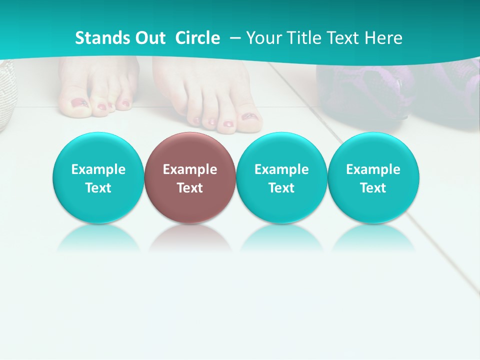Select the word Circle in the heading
pos(197,38)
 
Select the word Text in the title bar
pos(343,38)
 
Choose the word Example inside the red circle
pos(190,169)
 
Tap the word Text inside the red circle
pos(190,188)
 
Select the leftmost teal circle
pos(98,178)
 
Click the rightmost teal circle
pos(373,178)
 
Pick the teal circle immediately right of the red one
pos(281,178)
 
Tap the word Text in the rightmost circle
pos(373,188)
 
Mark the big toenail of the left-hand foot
pos(79,103)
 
